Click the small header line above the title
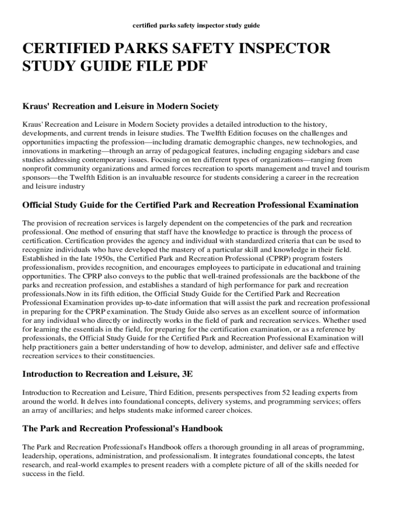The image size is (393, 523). click(x=196, y=25)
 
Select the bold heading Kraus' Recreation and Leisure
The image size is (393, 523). click(x=120, y=106)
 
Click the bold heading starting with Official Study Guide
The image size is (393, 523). click(x=190, y=205)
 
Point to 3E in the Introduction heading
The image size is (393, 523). click(x=187, y=374)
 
